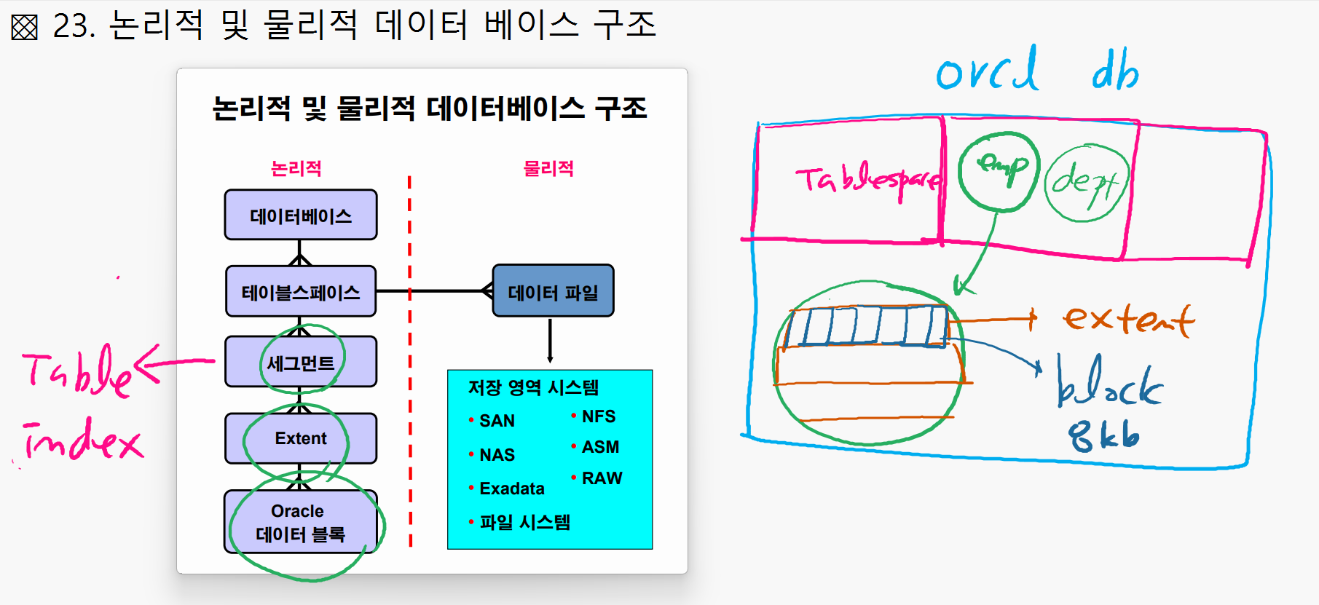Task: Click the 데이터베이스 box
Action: click(301, 215)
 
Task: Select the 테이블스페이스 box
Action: click(301, 292)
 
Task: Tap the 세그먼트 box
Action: click(301, 362)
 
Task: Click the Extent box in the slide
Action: click(301, 438)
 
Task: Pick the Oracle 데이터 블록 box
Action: click(300, 523)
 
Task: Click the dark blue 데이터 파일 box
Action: click(553, 291)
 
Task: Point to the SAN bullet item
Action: click(497, 421)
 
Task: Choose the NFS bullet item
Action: click(598, 416)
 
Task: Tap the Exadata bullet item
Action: click(511, 489)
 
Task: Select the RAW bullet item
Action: click(602, 478)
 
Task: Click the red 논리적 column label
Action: click(296, 169)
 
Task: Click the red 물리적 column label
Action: click(548, 169)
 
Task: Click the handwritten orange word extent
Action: click(1128, 320)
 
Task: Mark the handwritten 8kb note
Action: click(1103, 436)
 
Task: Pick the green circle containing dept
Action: click(1087, 183)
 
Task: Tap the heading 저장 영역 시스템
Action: click(533, 387)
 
